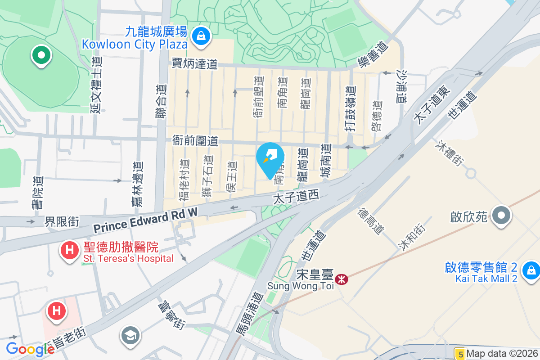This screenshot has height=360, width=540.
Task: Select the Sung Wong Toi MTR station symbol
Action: click(342, 279)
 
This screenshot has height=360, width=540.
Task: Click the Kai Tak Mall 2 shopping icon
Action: click(531, 270)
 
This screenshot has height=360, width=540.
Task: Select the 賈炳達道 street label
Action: click(195, 64)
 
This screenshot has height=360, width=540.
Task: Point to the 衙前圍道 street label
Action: click(195, 141)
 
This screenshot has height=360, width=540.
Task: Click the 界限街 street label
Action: click(62, 221)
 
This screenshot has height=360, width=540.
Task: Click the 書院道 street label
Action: click(37, 193)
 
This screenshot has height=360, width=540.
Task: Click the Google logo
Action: click(30, 349)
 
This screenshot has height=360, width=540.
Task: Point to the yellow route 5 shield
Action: click(459, 354)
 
